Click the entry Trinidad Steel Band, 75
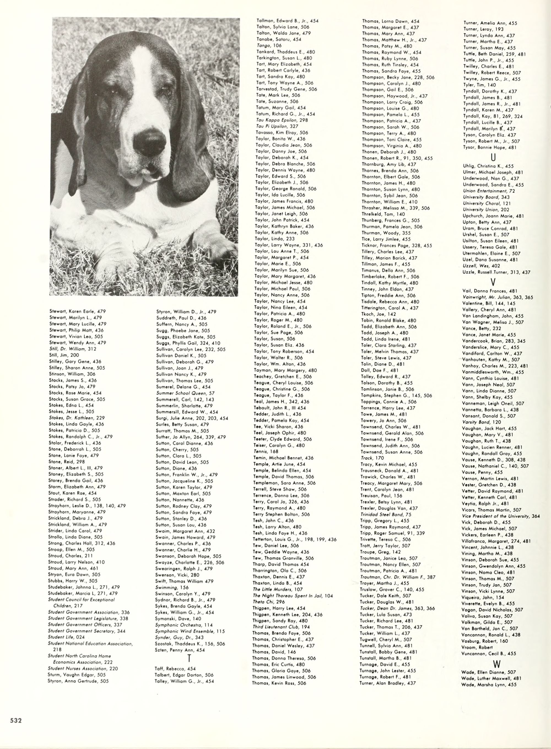386,514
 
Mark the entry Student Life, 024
66,637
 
